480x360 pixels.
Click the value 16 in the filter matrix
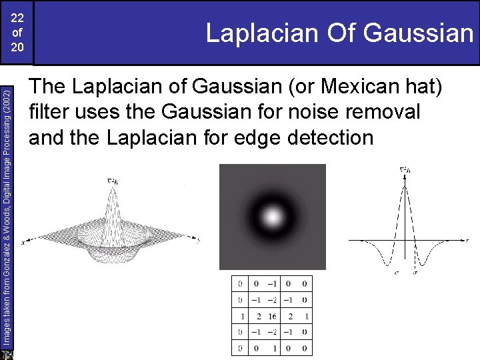[272, 316]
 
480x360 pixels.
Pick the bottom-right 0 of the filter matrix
[304, 348]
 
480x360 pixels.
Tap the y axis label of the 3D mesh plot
[199, 240]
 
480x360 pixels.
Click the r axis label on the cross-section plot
[468, 239]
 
